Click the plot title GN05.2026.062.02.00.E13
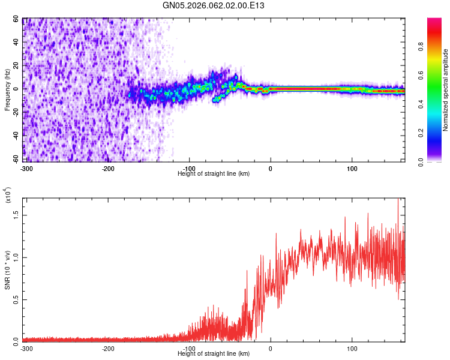coord(214,5)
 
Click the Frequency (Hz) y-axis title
coord(7,90)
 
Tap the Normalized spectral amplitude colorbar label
coord(446,90)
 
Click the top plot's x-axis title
coord(214,173)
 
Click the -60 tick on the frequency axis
coord(16,159)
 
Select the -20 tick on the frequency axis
coord(16,112)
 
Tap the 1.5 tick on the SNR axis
coord(16,215)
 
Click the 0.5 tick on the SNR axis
coord(16,299)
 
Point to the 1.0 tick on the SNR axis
coord(16,257)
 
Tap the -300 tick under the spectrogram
coord(27,168)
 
